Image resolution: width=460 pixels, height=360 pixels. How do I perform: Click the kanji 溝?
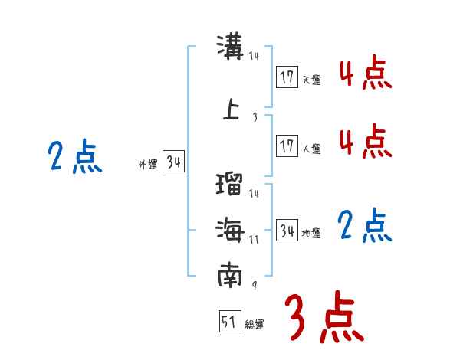pyautogui.click(x=231, y=47)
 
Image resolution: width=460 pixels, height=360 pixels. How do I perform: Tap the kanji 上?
pyautogui.click(x=231, y=109)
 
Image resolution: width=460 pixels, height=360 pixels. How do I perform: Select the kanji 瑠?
pyautogui.click(x=230, y=185)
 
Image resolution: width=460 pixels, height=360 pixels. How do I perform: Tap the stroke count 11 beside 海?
pyautogui.click(x=254, y=238)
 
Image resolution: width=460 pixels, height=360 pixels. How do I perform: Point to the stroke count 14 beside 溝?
pyautogui.click(x=254, y=56)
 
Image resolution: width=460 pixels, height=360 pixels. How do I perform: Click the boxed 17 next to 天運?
pyautogui.click(x=287, y=77)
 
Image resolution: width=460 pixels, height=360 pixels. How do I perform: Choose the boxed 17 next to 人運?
pyautogui.click(x=287, y=146)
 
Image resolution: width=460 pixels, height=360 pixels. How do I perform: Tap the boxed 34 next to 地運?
pyautogui.click(x=287, y=230)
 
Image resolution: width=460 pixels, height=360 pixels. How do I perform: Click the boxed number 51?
pyautogui.click(x=228, y=322)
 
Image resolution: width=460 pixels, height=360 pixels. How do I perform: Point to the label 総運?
pyautogui.click(x=255, y=325)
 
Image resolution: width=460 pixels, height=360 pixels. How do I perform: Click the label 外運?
pyautogui.click(x=148, y=163)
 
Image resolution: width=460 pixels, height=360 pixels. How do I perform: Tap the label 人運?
pyautogui.click(x=311, y=149)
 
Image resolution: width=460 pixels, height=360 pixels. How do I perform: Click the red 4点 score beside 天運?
pyautogui.click(x=365, y=74)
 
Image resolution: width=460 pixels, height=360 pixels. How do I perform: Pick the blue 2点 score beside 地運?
pyautogui.click(x=365, y=225)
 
